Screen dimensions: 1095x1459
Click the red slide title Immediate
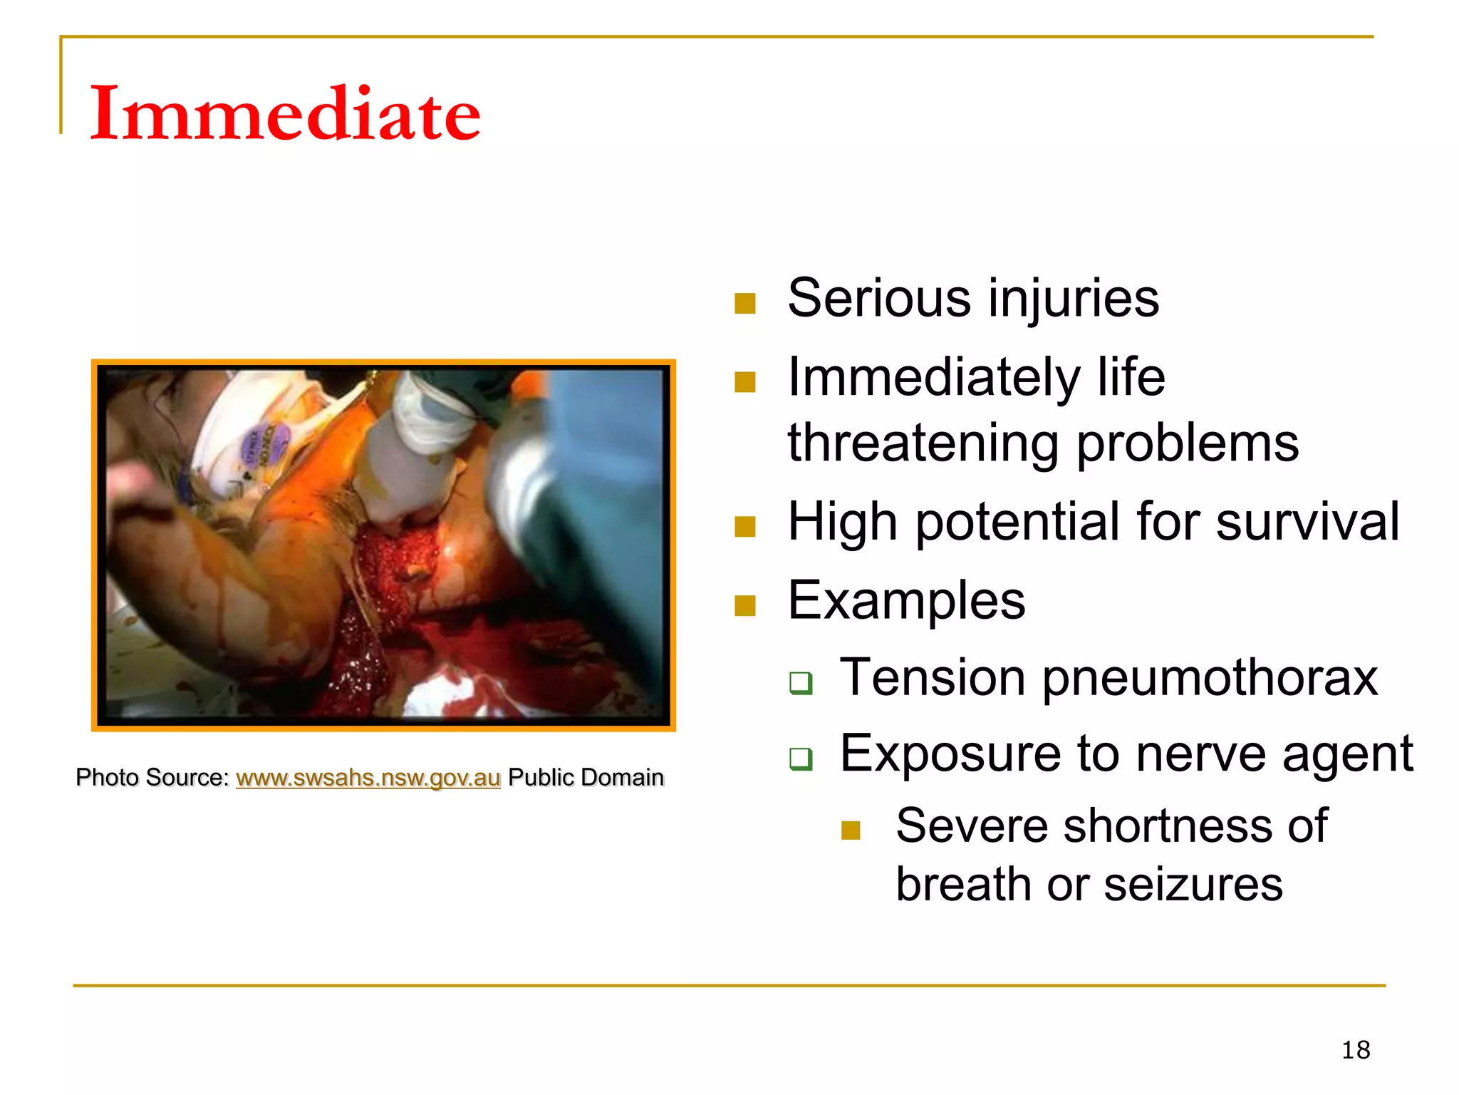coord(285,114)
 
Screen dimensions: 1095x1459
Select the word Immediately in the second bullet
coord(933,378)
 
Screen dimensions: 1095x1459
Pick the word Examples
coord(906,601)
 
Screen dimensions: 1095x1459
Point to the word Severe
coord(969,827)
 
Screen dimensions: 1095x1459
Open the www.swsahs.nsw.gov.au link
coord(368,778)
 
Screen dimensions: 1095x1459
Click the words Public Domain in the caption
coord(586,778)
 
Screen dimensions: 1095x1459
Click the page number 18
coord(1355,1050)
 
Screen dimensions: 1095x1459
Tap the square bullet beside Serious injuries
coord(744,304)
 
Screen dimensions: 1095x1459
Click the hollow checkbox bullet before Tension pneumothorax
coord(800,683)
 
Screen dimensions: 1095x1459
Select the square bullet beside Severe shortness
coord(851,831)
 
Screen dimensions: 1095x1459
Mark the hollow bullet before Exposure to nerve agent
coord(800,759)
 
